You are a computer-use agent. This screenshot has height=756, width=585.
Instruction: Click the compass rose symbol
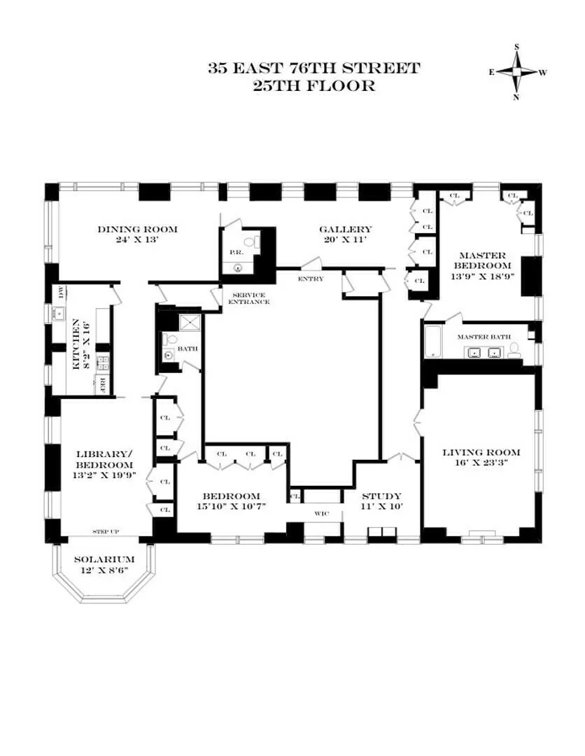click(x=517, y=72)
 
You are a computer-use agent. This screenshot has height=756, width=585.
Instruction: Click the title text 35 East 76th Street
click(x=313, y=69)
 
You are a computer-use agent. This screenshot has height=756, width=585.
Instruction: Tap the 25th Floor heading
click(x=313, y=86)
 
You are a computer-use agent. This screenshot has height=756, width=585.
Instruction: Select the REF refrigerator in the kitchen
click(x=102, y=384)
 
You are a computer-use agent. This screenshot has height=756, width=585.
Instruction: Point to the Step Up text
click(x=105, y=532)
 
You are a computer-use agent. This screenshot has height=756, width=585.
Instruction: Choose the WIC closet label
click(x=321, y=514)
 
